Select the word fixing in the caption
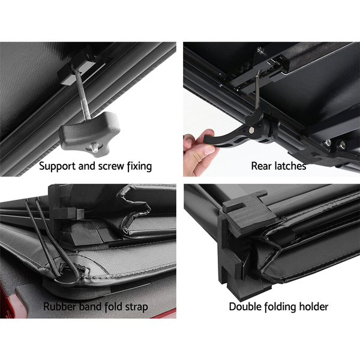click(139, 166)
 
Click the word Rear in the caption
click(260, 166)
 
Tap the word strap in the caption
click(136, 307)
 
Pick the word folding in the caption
click(280, 307)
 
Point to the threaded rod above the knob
click(82, 94)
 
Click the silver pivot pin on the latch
click(252, 130)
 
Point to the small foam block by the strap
click(68, 213)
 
